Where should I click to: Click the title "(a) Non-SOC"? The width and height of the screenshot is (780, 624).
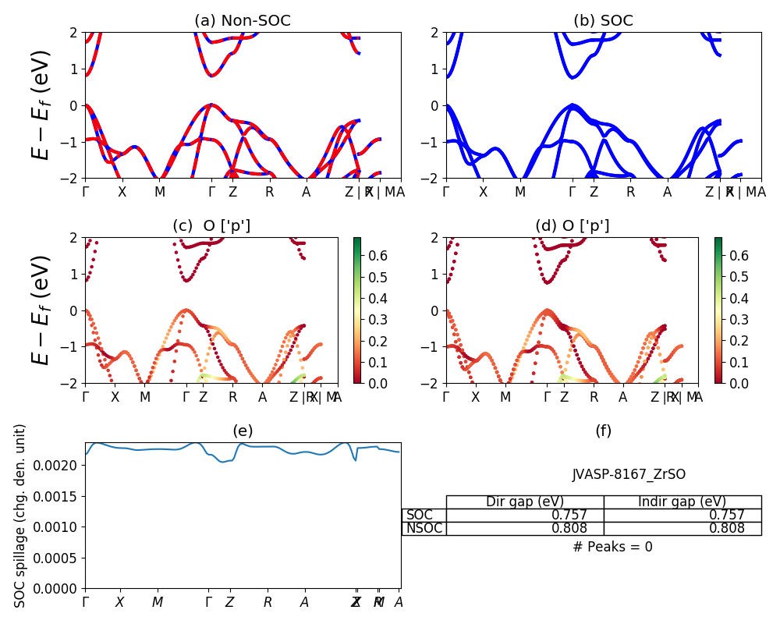point(243,21)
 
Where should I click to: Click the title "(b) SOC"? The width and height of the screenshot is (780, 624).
point(603,21)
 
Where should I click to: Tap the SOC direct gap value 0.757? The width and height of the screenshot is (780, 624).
point(569,515)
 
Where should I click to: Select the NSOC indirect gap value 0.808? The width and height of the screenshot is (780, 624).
point(726,528)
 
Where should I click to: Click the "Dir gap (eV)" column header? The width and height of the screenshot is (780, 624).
point(524,502)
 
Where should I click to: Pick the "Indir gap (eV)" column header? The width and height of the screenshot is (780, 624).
point(682,502)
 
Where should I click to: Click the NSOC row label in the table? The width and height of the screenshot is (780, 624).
point(424,528)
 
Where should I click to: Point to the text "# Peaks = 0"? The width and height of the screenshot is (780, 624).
point(612,547)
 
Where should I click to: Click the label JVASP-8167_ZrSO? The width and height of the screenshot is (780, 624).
point(629,474)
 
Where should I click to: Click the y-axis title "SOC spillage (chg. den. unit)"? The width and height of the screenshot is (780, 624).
point(20,515)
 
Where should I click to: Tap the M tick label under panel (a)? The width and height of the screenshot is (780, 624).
point(159,192)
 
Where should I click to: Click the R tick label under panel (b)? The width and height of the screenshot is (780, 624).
point(630,192)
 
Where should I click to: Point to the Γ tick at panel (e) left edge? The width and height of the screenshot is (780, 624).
point(86,602)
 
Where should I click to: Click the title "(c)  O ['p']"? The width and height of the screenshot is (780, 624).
point(211,226)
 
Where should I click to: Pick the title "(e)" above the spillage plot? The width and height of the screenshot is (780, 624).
point(243,431)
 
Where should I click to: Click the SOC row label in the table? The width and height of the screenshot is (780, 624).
point(420,515)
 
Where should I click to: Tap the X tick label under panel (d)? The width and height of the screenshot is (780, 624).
point(476,397)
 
